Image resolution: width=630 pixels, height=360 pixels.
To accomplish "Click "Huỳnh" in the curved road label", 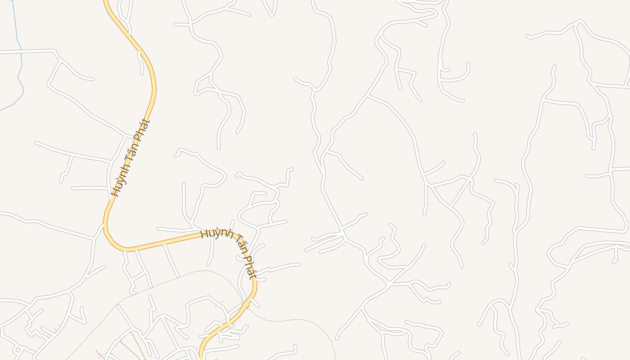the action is click(213, 234).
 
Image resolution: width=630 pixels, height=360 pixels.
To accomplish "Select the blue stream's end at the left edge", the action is click(1, 110).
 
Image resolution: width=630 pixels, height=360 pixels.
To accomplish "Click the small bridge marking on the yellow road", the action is click(246, 305).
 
